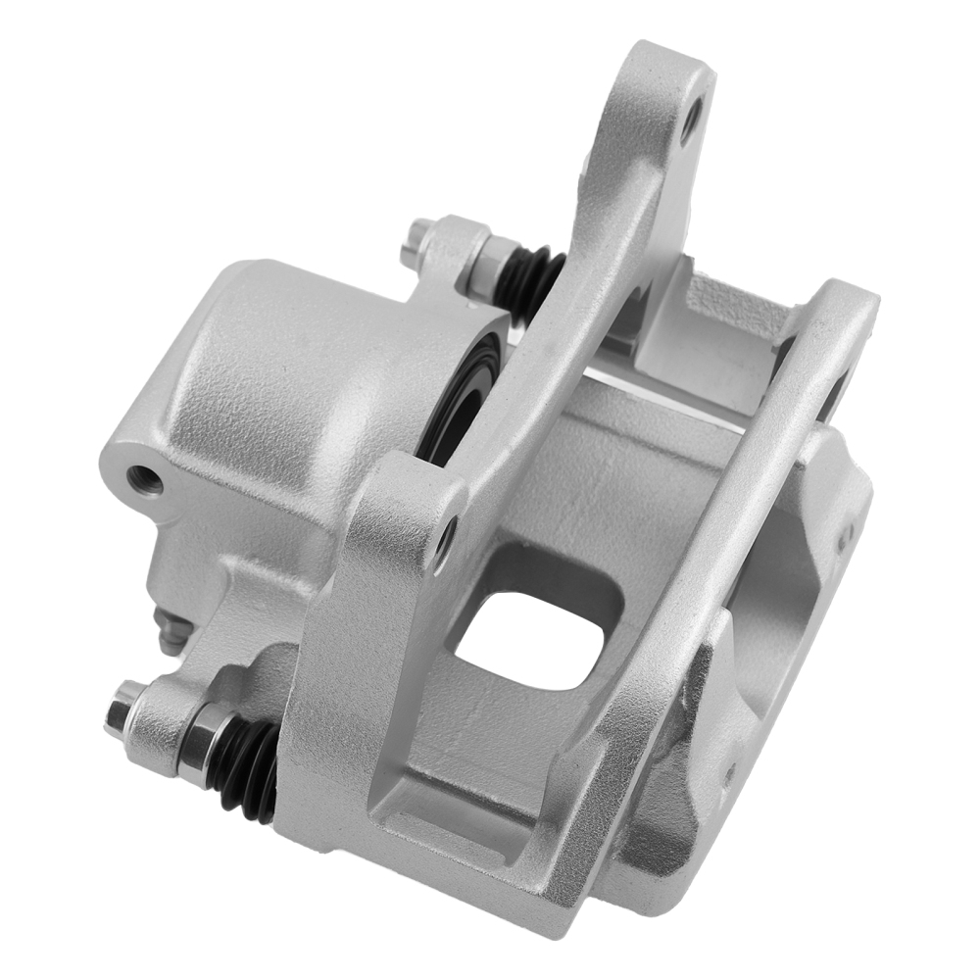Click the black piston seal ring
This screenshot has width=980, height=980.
[461, 392]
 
